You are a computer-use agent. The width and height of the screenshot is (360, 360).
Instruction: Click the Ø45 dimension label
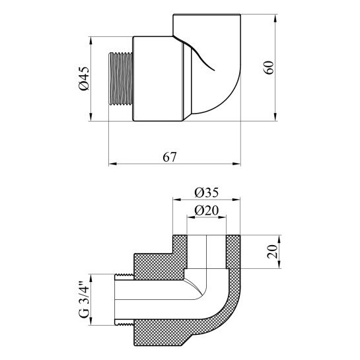click(85, 79)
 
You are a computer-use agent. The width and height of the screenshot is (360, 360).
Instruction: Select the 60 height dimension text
click(269, 67)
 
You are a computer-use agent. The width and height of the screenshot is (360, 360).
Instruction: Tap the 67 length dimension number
click(170, 157)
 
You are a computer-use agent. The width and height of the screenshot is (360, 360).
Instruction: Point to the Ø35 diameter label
click(206, 192)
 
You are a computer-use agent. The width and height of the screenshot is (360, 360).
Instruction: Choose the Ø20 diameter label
click(206, 210)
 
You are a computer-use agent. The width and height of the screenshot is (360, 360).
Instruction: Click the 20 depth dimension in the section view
click(272, 252)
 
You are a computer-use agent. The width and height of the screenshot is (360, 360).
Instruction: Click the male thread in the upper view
click(120, 79)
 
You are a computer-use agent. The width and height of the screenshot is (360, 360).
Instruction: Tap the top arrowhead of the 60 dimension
click(275, 18)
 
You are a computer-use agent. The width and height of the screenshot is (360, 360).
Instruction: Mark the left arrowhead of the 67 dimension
click(112, 164)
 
